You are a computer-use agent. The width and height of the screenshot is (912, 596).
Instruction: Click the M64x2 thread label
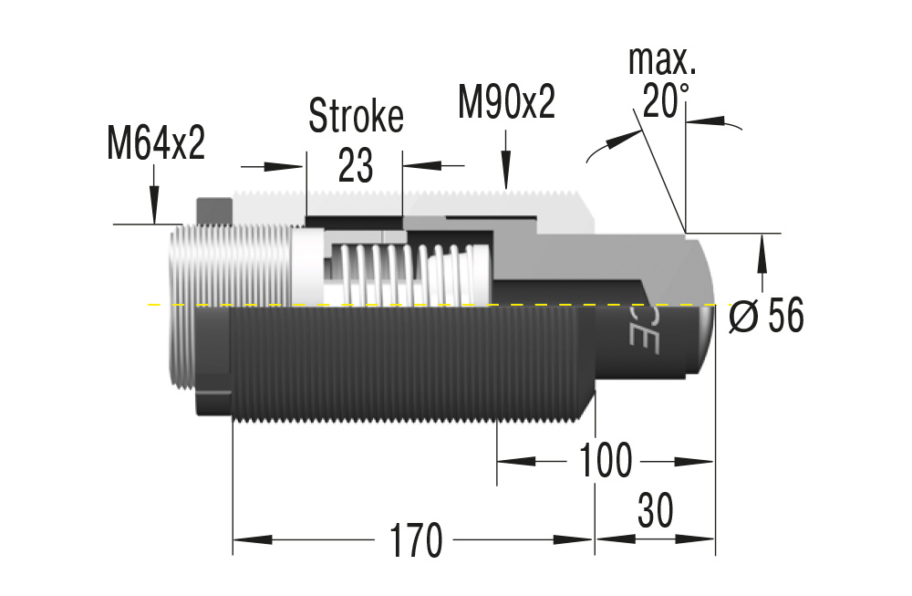tap(155, 143)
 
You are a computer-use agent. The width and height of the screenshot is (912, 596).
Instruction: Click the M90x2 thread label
tap(506, 103)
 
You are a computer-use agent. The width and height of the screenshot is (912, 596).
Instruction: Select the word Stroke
tap(356, 116)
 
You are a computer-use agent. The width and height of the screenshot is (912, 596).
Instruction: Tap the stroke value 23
tap(356, 165)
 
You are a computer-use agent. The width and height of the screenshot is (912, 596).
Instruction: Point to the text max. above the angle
tap(662, 61)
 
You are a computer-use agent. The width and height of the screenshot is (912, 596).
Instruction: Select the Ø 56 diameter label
tap(767, 317)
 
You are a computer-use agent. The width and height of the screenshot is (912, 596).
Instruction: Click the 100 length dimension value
tap(605, 461)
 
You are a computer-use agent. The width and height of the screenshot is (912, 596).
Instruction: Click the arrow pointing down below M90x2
tap(506, 170)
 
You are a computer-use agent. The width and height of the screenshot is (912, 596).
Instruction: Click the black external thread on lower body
tap(410, 365)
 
